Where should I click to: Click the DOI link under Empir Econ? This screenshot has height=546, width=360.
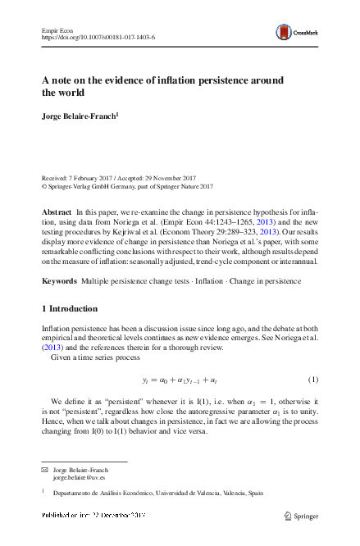click(x=98, y=37)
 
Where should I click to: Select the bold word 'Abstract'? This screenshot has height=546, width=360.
click(x=56, y=212)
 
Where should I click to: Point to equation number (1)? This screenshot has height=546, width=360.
click(x=312, y=380)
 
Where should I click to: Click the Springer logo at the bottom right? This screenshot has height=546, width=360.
click(x=298, y=516)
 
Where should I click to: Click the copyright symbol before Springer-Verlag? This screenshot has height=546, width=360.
click(x=44, y=185)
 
